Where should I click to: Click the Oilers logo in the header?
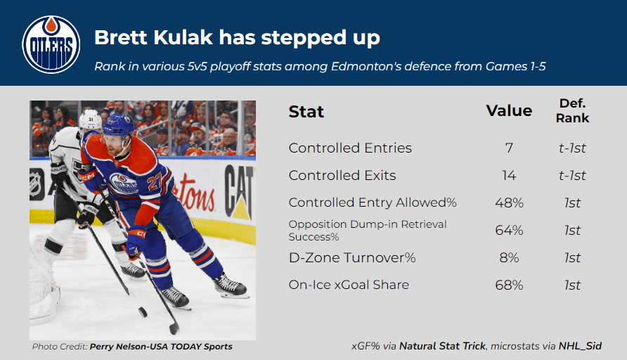point(51,44)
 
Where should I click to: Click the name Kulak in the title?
point(183,37)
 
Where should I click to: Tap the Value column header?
point(509,110)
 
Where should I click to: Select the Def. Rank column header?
point(572,110)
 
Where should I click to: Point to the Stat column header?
point(306,112)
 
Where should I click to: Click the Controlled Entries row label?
point(350,148)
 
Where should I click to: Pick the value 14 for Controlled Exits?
point(509,175)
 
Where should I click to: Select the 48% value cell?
point(509,202)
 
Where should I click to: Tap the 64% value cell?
point(509,230)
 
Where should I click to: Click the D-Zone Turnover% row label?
point(352,257)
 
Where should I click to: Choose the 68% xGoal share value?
point(509,285)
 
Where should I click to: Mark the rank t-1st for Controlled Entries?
point(572,148)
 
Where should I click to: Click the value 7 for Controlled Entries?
point(509,148)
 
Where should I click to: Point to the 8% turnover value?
point(509,257)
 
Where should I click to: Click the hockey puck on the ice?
point(143,312)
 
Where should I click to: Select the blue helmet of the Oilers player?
point(117,125)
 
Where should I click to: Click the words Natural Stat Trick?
point(442,346)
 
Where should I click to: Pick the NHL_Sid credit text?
point(580,346)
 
